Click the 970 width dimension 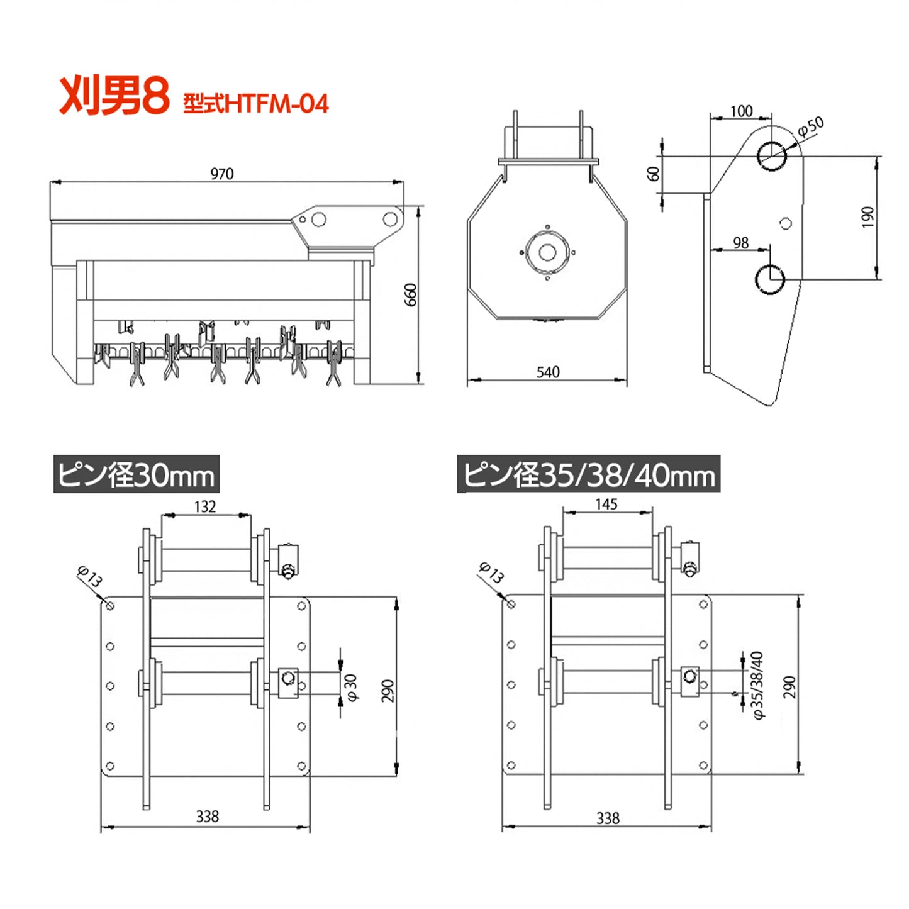[221, 174]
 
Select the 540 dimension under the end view [548, 372]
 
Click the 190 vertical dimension [868, 218]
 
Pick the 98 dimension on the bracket [741, 243]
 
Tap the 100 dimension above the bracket [742, 111]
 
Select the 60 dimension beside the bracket [654, 174]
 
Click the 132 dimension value [205, 506]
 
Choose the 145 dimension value [606, 505]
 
